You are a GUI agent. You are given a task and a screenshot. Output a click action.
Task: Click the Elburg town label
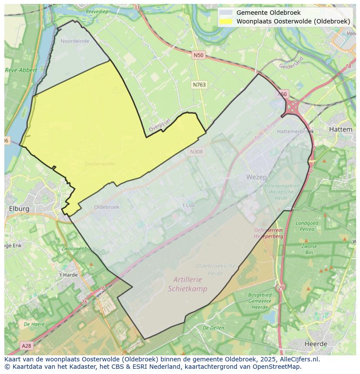(19, 209)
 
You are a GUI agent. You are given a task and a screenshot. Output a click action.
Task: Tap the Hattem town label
(340, 129)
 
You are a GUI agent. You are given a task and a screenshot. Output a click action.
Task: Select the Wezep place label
(257, 177)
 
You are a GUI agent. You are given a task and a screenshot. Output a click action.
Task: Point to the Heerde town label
(316, 344)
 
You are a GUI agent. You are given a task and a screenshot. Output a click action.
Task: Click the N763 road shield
(199, 85)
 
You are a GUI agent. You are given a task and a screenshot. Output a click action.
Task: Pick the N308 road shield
(197, 152)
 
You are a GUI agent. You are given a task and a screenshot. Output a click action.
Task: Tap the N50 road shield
(198, 55)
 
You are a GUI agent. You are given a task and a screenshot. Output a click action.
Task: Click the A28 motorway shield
(27, 346)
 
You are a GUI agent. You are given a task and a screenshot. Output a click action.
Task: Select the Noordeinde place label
(75, 41)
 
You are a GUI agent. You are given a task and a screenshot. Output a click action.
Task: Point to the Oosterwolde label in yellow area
(100, 164)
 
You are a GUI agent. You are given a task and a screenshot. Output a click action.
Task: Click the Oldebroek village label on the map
(107, 207)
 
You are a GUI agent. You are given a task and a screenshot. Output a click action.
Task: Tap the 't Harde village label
(68, 275)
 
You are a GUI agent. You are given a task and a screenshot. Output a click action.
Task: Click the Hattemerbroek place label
(296, 131)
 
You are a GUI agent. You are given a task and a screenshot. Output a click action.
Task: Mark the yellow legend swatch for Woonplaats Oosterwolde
(225, 21)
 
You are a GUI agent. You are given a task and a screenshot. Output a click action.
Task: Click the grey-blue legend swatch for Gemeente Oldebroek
(225, 13)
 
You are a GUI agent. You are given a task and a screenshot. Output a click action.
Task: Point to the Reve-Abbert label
(21, 70)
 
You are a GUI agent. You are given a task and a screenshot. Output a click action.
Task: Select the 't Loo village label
(188, 205)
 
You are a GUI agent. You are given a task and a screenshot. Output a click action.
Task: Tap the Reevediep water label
(97, 11)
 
